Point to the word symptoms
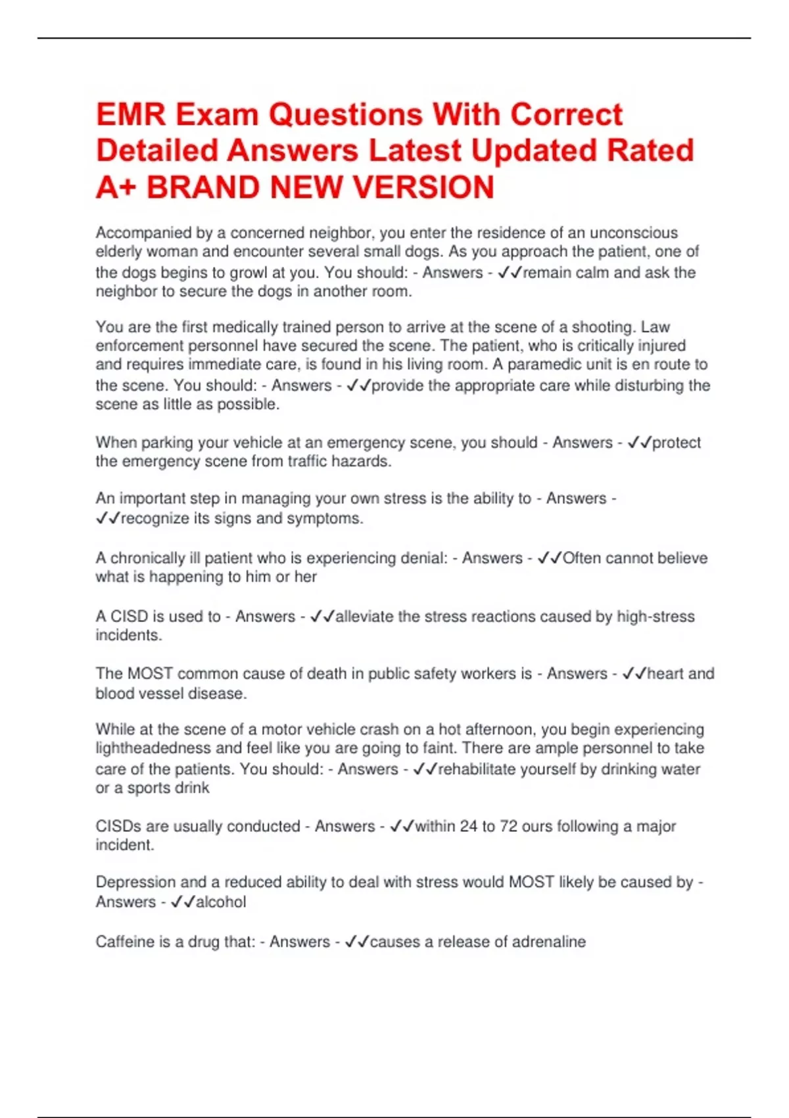click(331, 518)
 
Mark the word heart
click(665, 673)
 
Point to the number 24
click(468, 827)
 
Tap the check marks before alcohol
click(182, 902)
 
